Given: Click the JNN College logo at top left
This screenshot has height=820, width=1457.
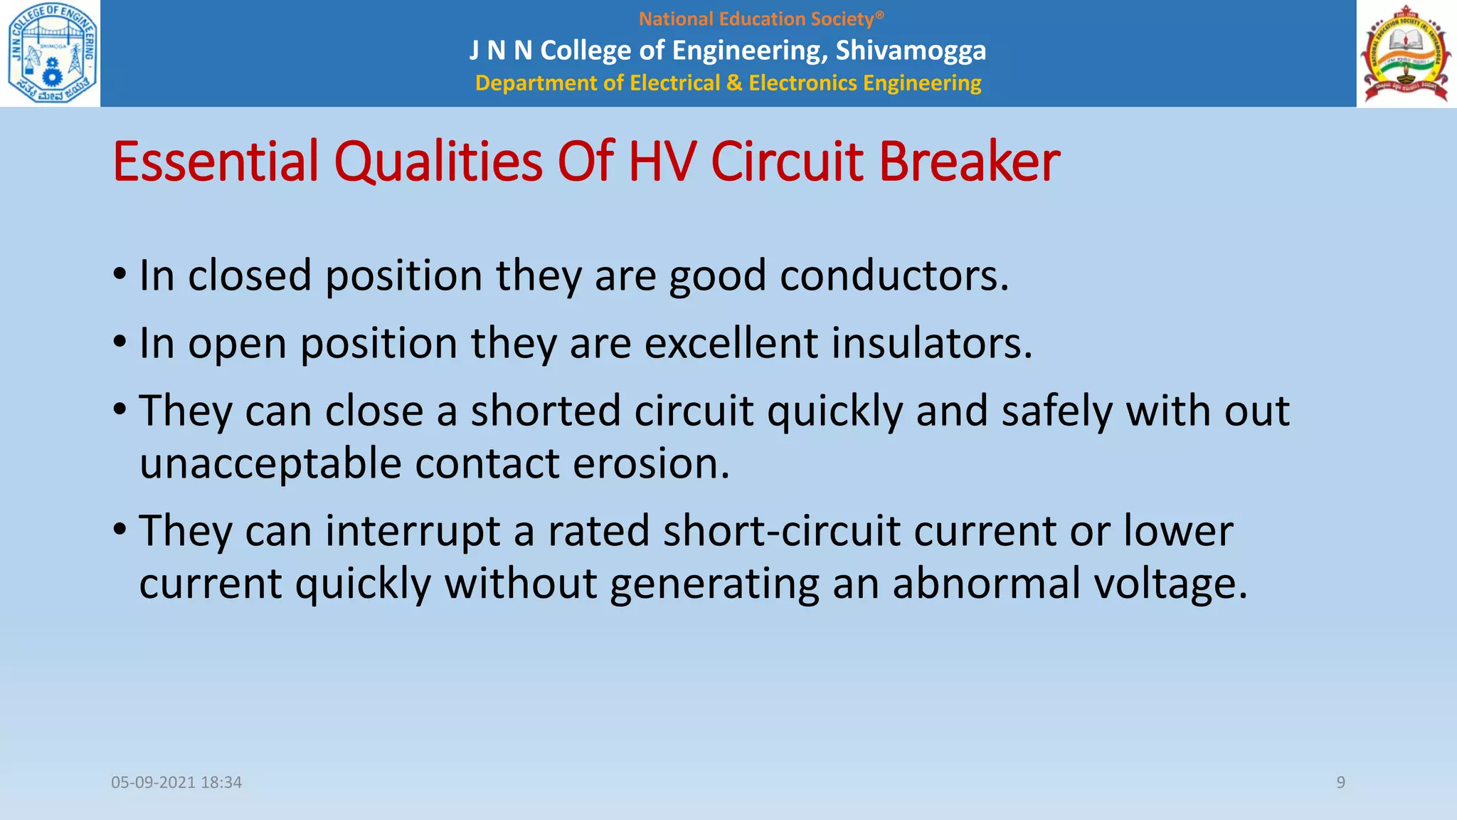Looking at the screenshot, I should [51, 53].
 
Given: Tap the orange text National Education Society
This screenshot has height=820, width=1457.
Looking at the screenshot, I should [761, 19].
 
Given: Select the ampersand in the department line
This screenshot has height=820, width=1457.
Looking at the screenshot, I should [733, 83].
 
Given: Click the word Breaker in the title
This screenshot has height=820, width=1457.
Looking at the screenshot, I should [969, 162].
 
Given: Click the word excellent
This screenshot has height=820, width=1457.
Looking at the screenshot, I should [731, 343].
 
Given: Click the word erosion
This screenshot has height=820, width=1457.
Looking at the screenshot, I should [651, 464].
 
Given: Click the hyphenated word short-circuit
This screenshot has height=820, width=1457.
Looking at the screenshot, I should [782, 532].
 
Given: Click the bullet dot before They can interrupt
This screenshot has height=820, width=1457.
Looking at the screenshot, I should [120, 530].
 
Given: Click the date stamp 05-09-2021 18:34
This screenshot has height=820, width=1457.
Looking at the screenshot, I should [176, 782].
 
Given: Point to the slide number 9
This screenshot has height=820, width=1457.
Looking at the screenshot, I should [1340, 782].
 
